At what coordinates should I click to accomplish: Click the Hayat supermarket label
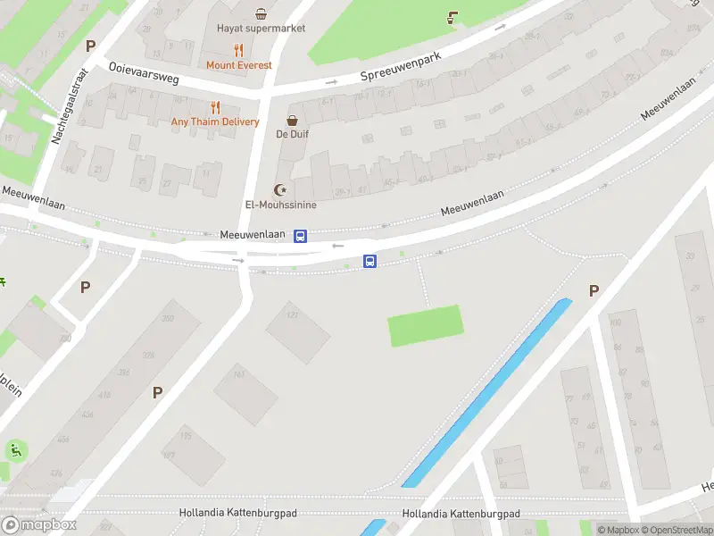tap(261, 29)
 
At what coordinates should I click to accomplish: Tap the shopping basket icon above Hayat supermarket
tap(261, 13)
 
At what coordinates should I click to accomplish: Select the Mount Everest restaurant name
tap(239, 65)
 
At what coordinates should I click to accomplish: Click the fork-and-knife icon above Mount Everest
tap(238, 51)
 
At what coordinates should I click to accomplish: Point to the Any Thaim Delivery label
tap(215, 122)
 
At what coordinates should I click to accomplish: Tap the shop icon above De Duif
tap(292, 121)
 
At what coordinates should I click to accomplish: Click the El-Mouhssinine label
tap(281, 205)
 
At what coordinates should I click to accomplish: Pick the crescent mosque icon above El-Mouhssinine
tap(281, 189)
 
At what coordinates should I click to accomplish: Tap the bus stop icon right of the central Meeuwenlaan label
tap(301, 236)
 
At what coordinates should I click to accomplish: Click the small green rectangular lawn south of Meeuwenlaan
tap(426, 325)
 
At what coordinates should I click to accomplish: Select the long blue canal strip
tap(486, 393)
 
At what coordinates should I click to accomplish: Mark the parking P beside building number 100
tap(594, 290)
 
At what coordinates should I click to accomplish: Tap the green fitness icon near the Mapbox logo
tap(15, 450)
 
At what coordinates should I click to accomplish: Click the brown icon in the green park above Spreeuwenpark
tap(453, 17)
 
